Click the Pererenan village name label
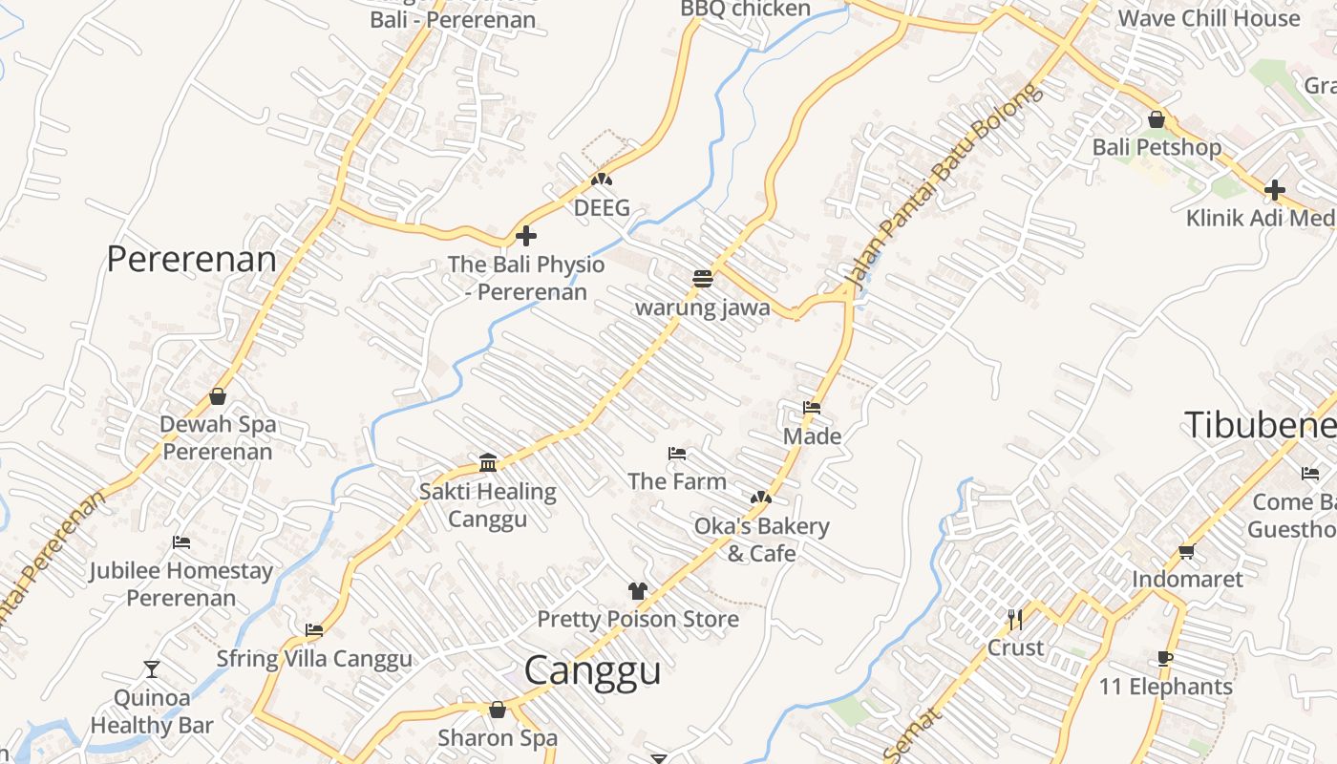(191, 259)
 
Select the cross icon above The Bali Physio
(526, 236)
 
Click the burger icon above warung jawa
(703, 279)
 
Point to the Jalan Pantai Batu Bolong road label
(938, 187)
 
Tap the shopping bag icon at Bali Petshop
(1156, 120)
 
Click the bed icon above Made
(812, 408)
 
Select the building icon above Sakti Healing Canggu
(488, 463)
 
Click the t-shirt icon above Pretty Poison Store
(638, 591)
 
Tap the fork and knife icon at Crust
(1015, 620)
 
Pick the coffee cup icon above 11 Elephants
(1165, 658)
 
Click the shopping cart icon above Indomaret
(1187, 551)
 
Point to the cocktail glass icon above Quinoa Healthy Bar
(151, 668)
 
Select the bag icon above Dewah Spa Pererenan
(218, 396)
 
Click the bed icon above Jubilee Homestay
(181, 542)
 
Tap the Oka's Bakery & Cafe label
(761, 539)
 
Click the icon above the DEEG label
(601, 179)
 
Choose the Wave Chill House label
(1208, 18)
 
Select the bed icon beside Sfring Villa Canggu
(314, 630)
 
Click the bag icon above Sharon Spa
(497, 710)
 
